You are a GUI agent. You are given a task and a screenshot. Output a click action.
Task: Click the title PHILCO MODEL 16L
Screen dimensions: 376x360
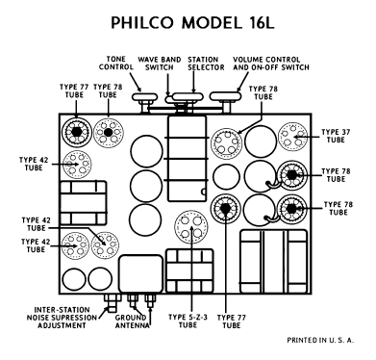point(192,23)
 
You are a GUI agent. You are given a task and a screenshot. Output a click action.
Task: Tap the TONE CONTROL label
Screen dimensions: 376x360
point(115,63)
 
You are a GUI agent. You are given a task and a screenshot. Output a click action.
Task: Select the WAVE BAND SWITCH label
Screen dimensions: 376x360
point(160,64)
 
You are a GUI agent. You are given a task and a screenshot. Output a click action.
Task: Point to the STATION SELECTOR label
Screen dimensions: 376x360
point(206,64)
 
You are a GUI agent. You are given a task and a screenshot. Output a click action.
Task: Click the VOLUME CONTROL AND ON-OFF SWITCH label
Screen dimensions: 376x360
point(271,64)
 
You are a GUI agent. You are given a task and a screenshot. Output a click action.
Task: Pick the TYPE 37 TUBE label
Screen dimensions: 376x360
point(336,136)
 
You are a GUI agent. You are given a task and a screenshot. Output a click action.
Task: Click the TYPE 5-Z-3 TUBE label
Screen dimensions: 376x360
point(188,321)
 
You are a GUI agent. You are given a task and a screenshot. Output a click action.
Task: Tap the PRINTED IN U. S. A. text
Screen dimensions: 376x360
point(320,340)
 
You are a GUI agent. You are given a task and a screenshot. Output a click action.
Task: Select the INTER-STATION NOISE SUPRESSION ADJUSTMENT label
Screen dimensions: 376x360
point(62,318)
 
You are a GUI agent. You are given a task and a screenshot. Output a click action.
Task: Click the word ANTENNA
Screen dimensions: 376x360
point(132,325)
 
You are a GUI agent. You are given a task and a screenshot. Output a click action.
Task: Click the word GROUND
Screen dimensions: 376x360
point(131,318)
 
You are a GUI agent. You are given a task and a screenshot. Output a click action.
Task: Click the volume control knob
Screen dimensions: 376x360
point(226,96)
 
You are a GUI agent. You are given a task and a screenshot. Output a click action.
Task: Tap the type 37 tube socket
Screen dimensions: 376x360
point(293,136)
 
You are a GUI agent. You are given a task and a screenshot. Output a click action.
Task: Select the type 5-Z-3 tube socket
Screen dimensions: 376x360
point(191,226)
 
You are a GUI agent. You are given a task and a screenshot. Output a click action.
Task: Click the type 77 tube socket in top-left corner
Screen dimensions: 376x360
point(76,132)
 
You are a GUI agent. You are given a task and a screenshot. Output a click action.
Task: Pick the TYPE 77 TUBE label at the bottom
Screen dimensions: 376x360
point(232,321)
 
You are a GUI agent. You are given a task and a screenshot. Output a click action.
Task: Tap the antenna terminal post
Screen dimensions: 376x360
point(150,301)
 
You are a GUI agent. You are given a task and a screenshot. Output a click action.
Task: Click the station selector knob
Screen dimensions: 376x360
point(188,97)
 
